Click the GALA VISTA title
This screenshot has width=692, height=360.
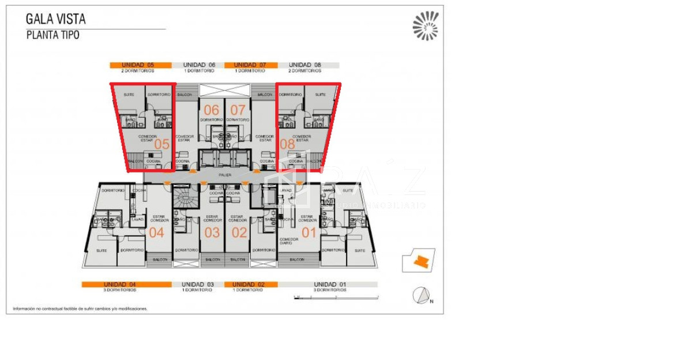[x=55, y=19]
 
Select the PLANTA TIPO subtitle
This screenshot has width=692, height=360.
[x=52, y=35]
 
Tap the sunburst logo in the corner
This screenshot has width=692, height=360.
[x=425, y=26]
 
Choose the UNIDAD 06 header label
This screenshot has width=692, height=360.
[x=199, y=65]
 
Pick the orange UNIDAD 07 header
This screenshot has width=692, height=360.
[x=250, y=65]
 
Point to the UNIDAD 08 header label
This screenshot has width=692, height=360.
[x=305, y=65]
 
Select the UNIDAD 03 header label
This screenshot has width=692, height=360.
[x=198, y=284]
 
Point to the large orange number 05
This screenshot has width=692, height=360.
[x=162, y=144]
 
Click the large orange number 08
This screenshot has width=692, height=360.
[x=287, y=144]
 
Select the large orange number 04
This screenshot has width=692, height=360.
[x=157, y=233]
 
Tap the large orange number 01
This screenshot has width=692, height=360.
[x=310, y=233]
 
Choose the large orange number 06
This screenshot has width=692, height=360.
[x=212, y=110]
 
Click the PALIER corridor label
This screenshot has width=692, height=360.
[x=225, y=174]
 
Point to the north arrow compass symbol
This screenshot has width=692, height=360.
[x=422, y=295]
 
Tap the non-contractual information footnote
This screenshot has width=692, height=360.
[x=80, y=309]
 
